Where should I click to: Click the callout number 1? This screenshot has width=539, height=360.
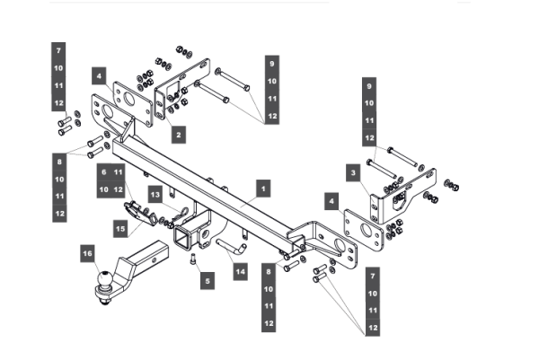(263, 189)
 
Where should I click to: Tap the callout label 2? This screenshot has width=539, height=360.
(178, 134)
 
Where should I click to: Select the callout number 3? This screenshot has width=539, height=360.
(355, 171)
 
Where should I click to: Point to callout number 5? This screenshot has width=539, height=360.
(208, 280)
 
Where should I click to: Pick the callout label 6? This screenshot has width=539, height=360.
(104, 171)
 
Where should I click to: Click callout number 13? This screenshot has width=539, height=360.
(155, 193)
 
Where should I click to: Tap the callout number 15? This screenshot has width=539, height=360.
(119, 229)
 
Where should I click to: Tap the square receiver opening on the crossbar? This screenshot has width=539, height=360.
(186, 237)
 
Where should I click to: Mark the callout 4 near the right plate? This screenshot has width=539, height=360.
(332, 202)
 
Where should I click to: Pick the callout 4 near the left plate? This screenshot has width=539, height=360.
(99, 76)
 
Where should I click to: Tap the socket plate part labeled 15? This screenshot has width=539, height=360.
(137, 214)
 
